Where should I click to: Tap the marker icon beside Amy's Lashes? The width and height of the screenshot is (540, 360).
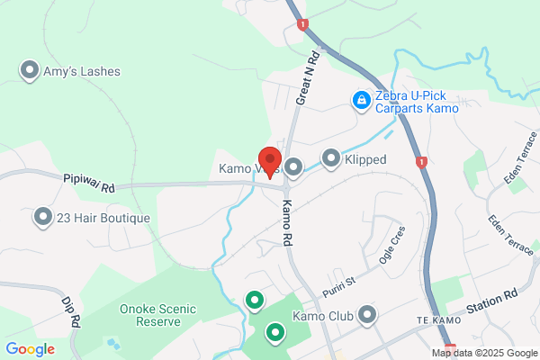30,70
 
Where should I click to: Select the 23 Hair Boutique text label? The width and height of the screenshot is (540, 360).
94,217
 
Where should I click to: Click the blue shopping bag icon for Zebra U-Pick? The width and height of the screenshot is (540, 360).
361,101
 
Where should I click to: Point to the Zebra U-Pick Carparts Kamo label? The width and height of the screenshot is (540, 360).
418,102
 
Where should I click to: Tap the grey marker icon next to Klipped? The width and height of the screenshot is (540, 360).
330,159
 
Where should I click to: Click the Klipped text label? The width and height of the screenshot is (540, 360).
365,160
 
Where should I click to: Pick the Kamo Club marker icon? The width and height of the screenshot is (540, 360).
366,315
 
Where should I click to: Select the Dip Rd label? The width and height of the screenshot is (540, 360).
71,311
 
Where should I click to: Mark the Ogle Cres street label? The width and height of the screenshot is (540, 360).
394,240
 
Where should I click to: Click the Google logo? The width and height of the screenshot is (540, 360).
30,349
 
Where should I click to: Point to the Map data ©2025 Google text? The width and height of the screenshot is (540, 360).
483,353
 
